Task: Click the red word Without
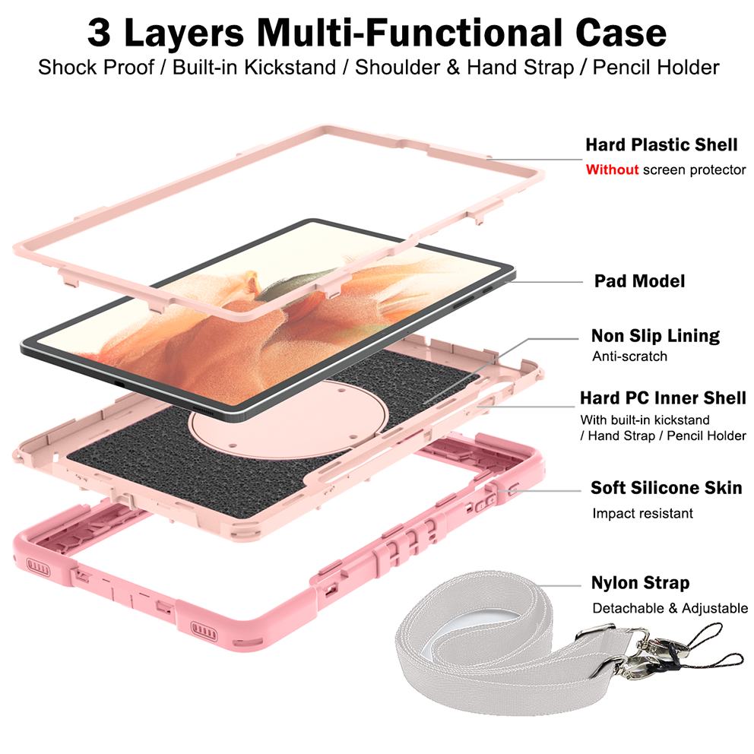[x=612, y=169]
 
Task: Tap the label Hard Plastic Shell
[x=661, y=144]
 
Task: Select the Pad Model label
[x=639, y=280]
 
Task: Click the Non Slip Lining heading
[x=655, y=336]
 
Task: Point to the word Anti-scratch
[x=630, y=356]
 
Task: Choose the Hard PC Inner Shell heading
[x=663, y=398]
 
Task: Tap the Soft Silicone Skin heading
[x=667, y=488]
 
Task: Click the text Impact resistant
[x=642, y=513]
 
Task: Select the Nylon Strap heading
[x=641, y=583]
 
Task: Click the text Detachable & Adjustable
[x=670, y=608]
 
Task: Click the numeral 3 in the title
[x=99, y=33]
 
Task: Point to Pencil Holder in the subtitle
[x=656, y=68]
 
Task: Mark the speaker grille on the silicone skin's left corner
[x=38, y=566]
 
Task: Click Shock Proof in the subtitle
[x=97, y=68]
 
